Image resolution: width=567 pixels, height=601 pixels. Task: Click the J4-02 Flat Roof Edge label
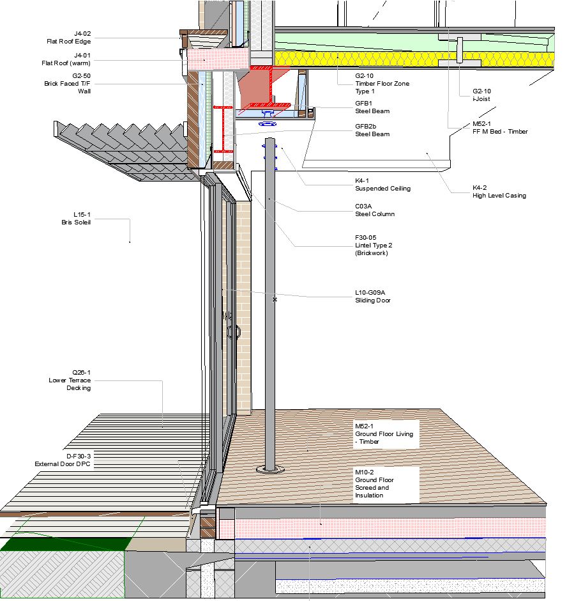[x=73, y=38]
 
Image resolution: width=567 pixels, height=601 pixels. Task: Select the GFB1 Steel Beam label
[x=372, y=107]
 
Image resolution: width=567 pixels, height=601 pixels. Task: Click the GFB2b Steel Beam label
[x=372, y=130]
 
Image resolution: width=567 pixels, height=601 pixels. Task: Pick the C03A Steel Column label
[x=374, y=210]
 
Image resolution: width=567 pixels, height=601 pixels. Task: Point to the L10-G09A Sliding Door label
[x=373, y=296]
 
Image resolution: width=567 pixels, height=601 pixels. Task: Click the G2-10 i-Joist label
[x=481, y=95]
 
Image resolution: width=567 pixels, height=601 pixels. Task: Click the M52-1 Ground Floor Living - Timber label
[x=384, y=433]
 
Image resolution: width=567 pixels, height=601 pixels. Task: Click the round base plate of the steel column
[x=271, y=470]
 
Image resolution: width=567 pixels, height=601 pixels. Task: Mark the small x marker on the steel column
[x=275, y=299]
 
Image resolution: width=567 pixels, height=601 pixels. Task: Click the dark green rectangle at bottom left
[x=64, y=543]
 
